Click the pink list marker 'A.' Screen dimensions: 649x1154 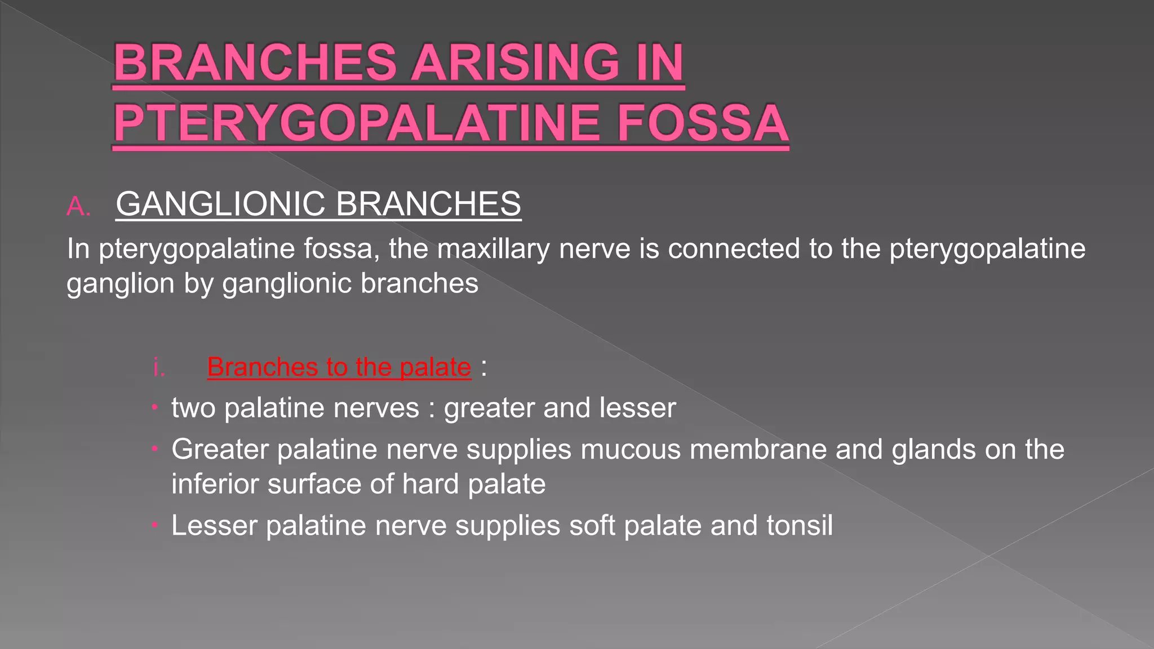pyautogui.click(x=78, y=207)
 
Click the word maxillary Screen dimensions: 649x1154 pyautogui.click(x=493, y=249)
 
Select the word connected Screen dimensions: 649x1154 pyautogui.click(x=734, y=248)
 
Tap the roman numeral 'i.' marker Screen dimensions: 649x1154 pyautogui.click(x=159, y=368)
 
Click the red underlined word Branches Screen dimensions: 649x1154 pyautogui.click(x=262, y=367)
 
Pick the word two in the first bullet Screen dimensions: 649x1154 pyautogui.click(x=193, y=408)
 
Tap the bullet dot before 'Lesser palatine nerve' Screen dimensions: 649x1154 pyautogui.click(x=154, y=526)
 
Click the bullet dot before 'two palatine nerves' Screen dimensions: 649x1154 pyautogui.click(x=154, y=408)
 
